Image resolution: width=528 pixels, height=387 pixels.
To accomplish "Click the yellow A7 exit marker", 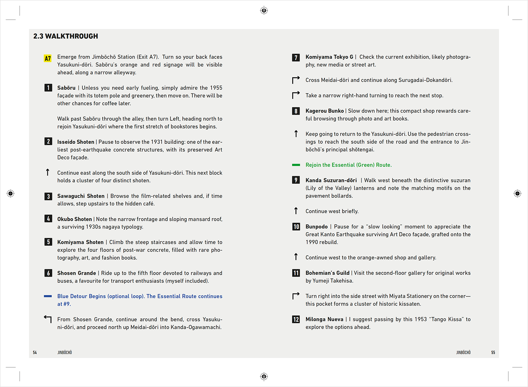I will [48, 58].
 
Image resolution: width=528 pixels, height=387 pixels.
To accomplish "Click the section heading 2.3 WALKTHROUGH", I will [66, 36].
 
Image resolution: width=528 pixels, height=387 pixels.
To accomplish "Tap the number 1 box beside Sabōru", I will [48, 88].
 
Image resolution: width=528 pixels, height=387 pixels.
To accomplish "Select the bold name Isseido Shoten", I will [76, 142].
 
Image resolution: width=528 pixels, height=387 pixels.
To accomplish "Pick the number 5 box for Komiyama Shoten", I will [48, 242].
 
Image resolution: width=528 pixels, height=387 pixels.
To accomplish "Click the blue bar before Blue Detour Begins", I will [48, 296].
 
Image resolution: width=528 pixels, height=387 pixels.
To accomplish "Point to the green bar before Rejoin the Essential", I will [296, 165].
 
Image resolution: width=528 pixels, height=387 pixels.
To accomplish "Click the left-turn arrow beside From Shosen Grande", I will [48, 319].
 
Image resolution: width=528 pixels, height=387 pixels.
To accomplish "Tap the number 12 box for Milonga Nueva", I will [296, 320].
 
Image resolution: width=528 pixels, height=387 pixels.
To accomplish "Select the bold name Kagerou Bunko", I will [324, 111].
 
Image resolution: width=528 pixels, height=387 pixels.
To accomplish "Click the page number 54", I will [35, 353].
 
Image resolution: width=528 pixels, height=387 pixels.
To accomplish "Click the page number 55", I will [493, 353].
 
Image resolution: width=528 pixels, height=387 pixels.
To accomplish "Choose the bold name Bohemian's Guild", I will [327, 273].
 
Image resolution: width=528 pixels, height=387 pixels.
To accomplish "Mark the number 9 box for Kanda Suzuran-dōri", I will [296, 180].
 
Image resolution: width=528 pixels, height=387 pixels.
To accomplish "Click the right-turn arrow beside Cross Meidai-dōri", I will [296, 80].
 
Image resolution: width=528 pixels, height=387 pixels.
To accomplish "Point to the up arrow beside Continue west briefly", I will [296, 211].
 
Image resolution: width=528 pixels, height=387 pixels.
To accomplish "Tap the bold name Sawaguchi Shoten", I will [81, 196].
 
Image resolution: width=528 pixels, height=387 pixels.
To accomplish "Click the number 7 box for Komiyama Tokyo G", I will [296, 58].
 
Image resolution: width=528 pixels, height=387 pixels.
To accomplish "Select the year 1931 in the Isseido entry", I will [157, 142].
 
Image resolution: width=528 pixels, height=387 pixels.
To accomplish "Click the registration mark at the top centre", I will [264, 10].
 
